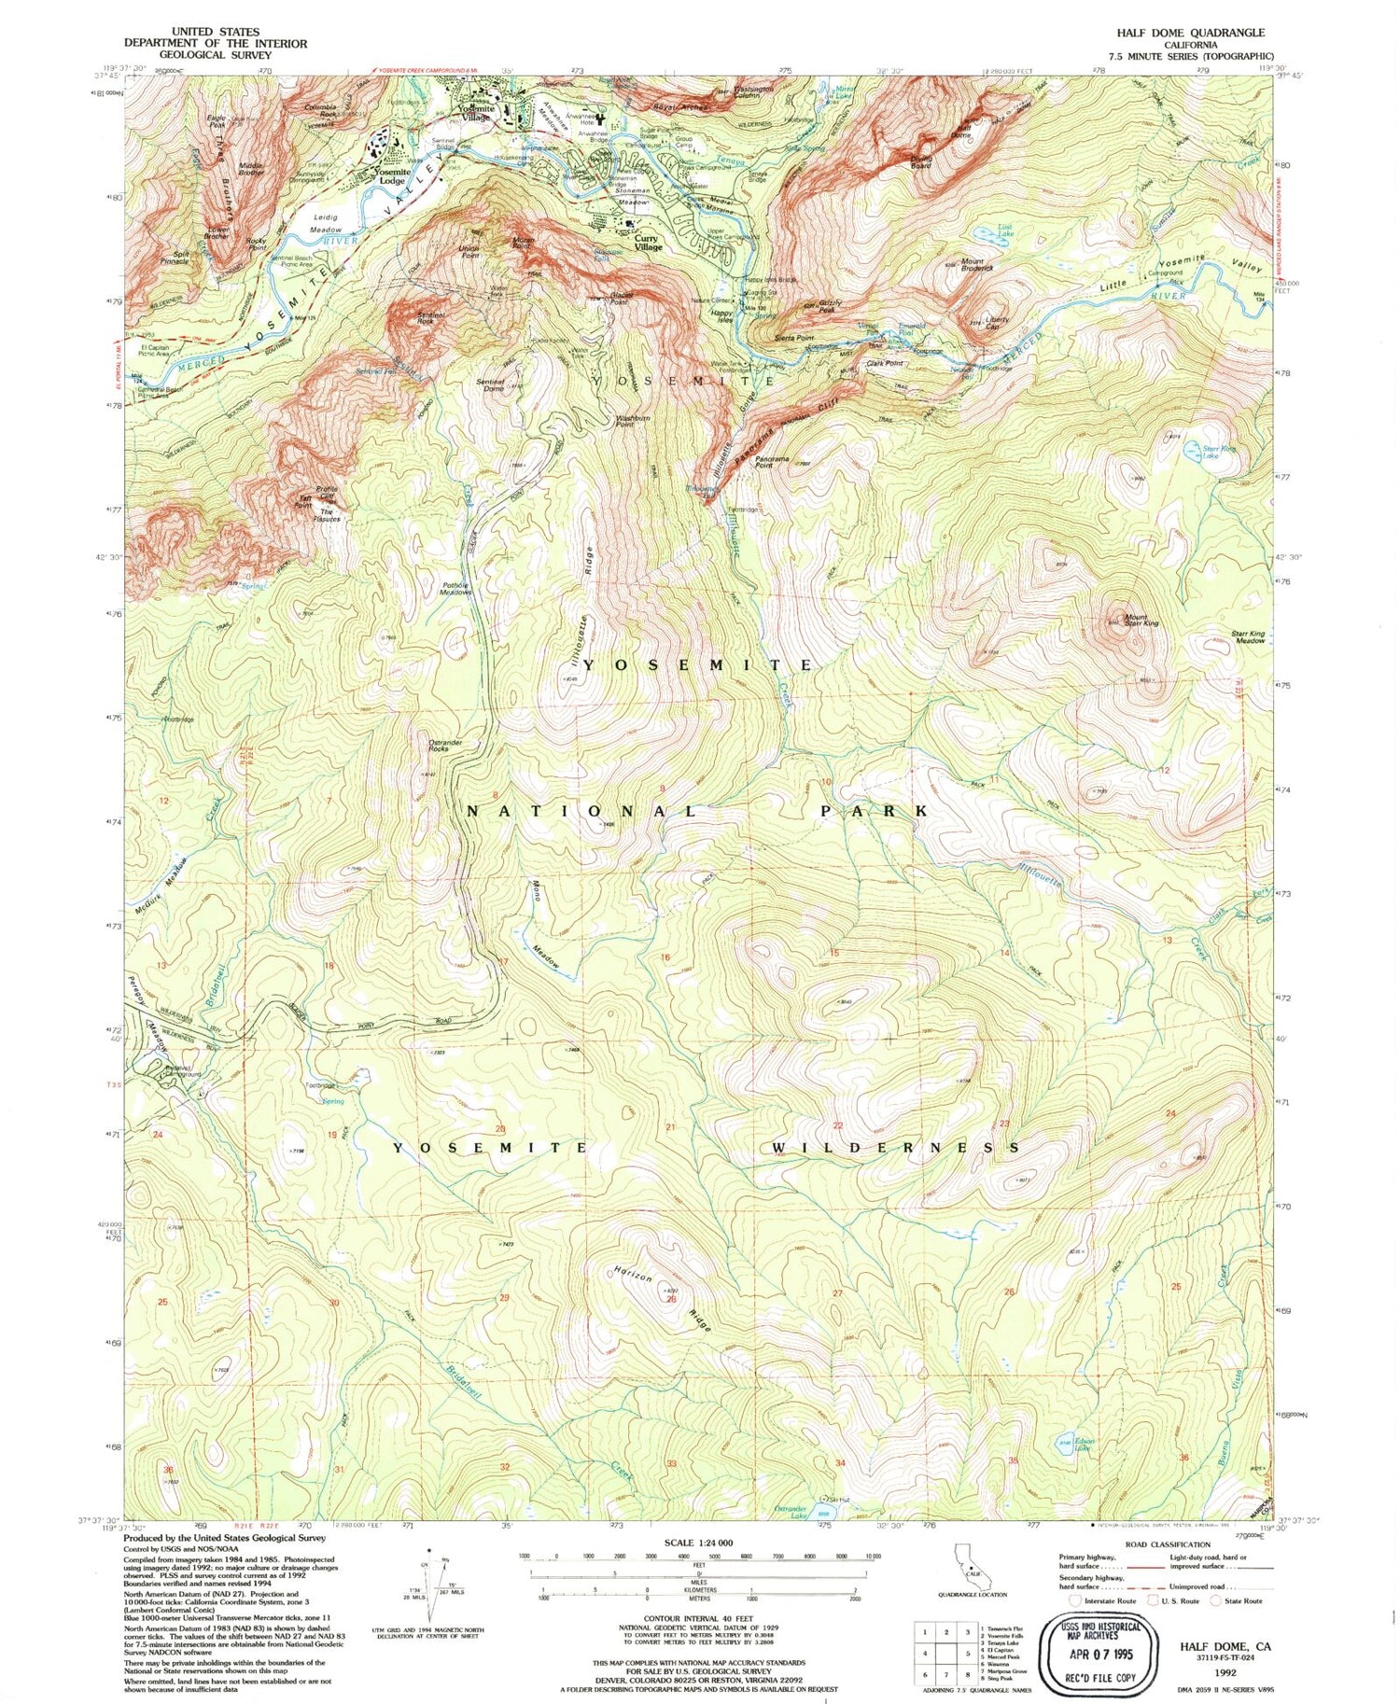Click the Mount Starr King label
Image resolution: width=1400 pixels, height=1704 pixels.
[1141, 621]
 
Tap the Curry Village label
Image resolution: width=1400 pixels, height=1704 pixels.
[648, 243]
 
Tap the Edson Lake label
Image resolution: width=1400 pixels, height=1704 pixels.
[1082, 1445]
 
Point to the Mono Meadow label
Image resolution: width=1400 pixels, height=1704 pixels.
[544, 926]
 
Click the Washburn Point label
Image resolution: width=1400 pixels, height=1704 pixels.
[625, 422]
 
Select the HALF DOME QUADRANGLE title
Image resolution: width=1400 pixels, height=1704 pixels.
[1190, 33]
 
